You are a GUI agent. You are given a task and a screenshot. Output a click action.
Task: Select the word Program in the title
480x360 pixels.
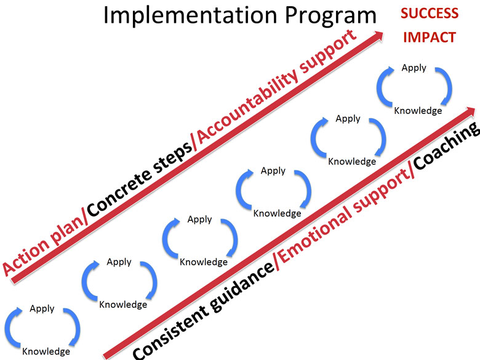coord(330,17)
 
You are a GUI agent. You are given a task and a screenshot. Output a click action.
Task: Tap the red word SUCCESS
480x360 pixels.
coord(430,14)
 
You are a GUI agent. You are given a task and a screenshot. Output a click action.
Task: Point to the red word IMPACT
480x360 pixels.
coord(430,38)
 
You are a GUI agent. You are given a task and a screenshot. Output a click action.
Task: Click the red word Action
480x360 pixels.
coord(25,256)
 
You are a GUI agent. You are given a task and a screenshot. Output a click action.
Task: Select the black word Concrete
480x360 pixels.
coord(120,191)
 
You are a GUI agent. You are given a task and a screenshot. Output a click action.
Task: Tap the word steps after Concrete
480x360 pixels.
coord(172,159)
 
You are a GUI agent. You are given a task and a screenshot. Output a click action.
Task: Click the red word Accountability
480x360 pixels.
coord(247,107)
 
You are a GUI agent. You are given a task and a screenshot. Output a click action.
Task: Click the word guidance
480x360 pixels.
coord(242,286)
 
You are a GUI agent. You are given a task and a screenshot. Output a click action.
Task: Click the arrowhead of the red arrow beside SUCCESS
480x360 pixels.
coord(379,35)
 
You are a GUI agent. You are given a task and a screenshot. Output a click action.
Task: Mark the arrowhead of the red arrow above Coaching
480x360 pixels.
coord(471,111)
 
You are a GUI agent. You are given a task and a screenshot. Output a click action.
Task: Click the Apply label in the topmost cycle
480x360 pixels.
coord(414,68)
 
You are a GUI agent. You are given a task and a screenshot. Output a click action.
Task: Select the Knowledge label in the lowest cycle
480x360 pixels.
coord(46,351)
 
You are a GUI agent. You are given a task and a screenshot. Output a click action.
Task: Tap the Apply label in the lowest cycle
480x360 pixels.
coord(42,308)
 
